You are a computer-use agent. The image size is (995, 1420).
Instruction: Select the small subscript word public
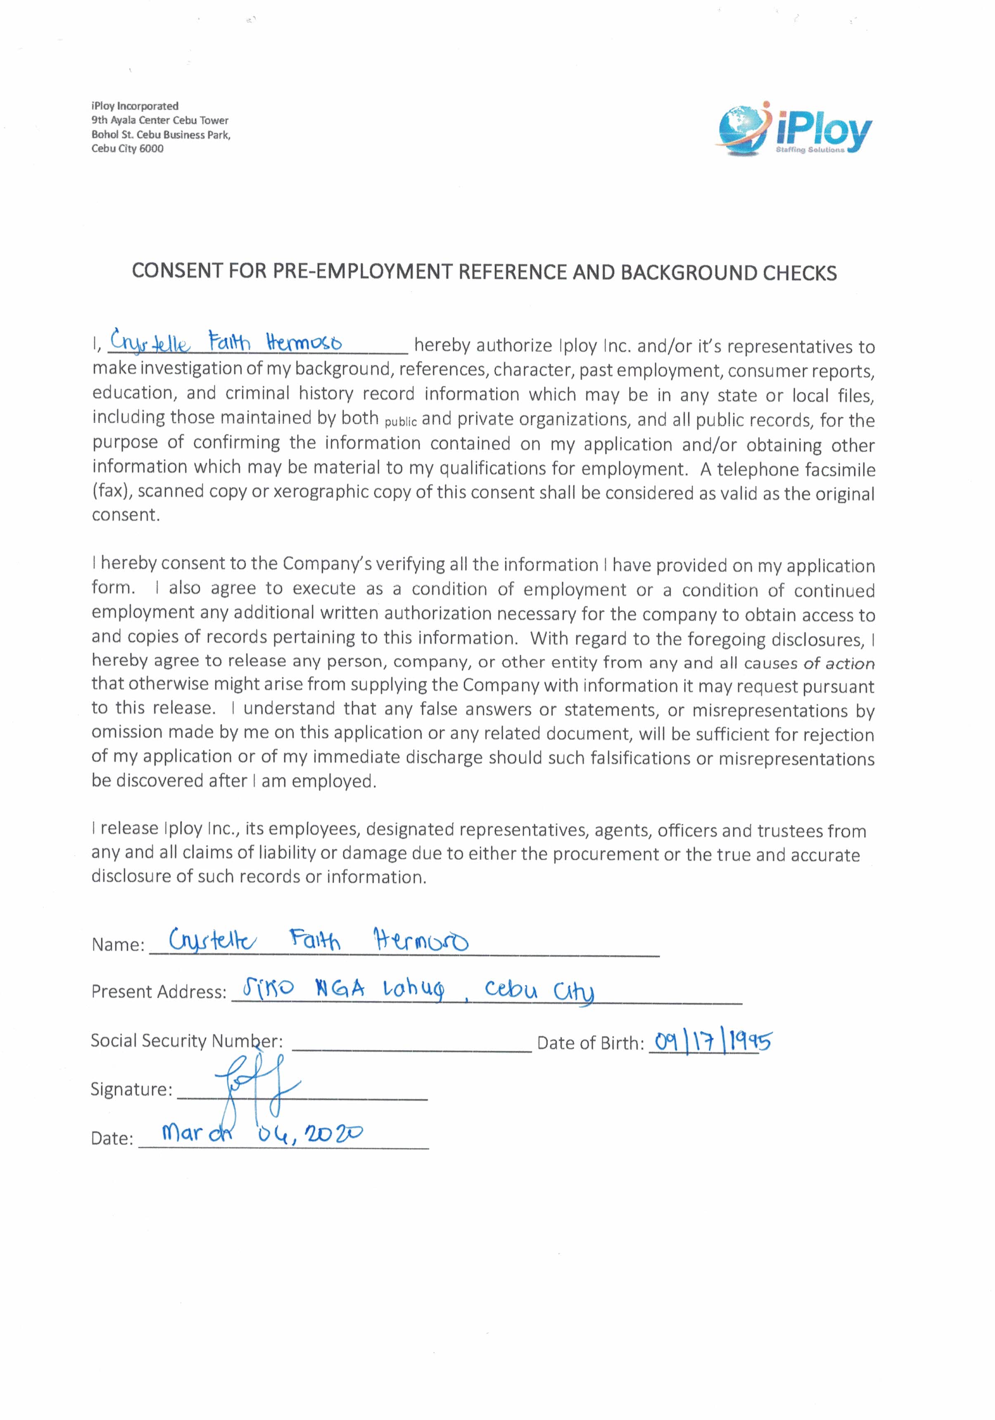401,422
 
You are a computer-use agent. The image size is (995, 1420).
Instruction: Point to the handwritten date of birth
713,1041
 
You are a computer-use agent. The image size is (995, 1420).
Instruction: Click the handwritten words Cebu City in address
539,990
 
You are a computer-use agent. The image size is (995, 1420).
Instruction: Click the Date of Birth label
590,1043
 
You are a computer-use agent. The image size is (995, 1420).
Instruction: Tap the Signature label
131,1089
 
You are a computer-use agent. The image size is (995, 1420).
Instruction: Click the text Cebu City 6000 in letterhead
127,148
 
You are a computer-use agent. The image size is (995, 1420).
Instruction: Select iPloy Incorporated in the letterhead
135,106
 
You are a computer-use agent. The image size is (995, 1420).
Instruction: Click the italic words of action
838,663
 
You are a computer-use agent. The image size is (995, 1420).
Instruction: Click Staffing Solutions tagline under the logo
810,150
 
